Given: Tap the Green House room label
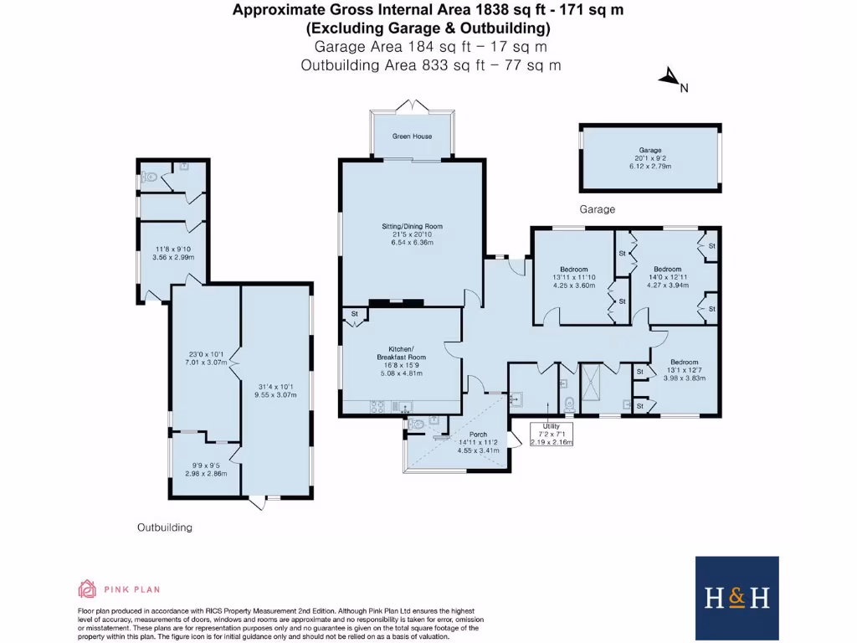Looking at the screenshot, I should point(413,136).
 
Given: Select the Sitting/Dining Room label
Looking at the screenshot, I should point(412,226).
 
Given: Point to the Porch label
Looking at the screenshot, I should point(478,434).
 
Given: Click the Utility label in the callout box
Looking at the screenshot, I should point(552,425).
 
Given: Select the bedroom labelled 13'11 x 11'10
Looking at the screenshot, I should point(574,276).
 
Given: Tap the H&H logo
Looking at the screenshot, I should point(736,598).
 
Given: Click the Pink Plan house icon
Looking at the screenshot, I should point(88,588).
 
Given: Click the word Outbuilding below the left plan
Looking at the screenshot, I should point(165,527).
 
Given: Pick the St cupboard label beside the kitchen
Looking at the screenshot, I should point(354,315).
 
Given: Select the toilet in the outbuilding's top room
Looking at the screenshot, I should point(150,177).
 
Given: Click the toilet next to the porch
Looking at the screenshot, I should point(416,424).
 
